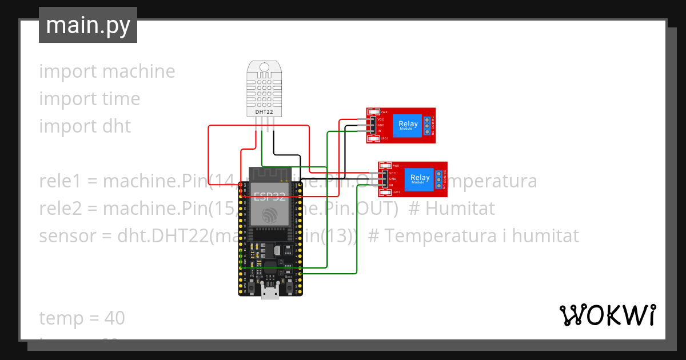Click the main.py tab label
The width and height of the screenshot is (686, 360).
pos(87,25)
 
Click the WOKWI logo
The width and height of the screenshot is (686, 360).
pos(607,315)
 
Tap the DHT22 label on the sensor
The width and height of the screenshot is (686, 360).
pos(264,112)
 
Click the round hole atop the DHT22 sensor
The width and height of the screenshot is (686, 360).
pos(264,68)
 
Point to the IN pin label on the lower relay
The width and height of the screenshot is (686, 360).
pos(392,185)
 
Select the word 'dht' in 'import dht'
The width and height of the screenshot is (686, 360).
pos(117,126)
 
